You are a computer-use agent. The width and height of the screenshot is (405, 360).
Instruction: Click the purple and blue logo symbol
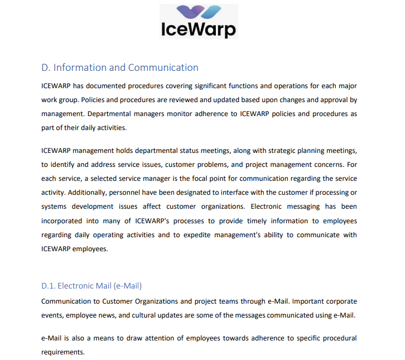pyautogui.click(x=198, y=12)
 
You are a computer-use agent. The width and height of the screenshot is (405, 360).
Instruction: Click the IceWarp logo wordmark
pyautogui.click(x=198, y=29)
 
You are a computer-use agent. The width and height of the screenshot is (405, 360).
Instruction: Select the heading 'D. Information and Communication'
pyautogui.click(x=120, y=68)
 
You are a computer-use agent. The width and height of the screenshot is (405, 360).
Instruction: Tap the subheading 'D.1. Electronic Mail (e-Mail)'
pyautogui.click(x=91, y=286)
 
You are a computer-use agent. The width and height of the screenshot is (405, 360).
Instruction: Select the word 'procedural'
pyautogui.click(x=336, y=338)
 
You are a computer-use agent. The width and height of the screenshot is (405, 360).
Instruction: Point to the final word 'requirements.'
pyautogui.click(x=62, y=352)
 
